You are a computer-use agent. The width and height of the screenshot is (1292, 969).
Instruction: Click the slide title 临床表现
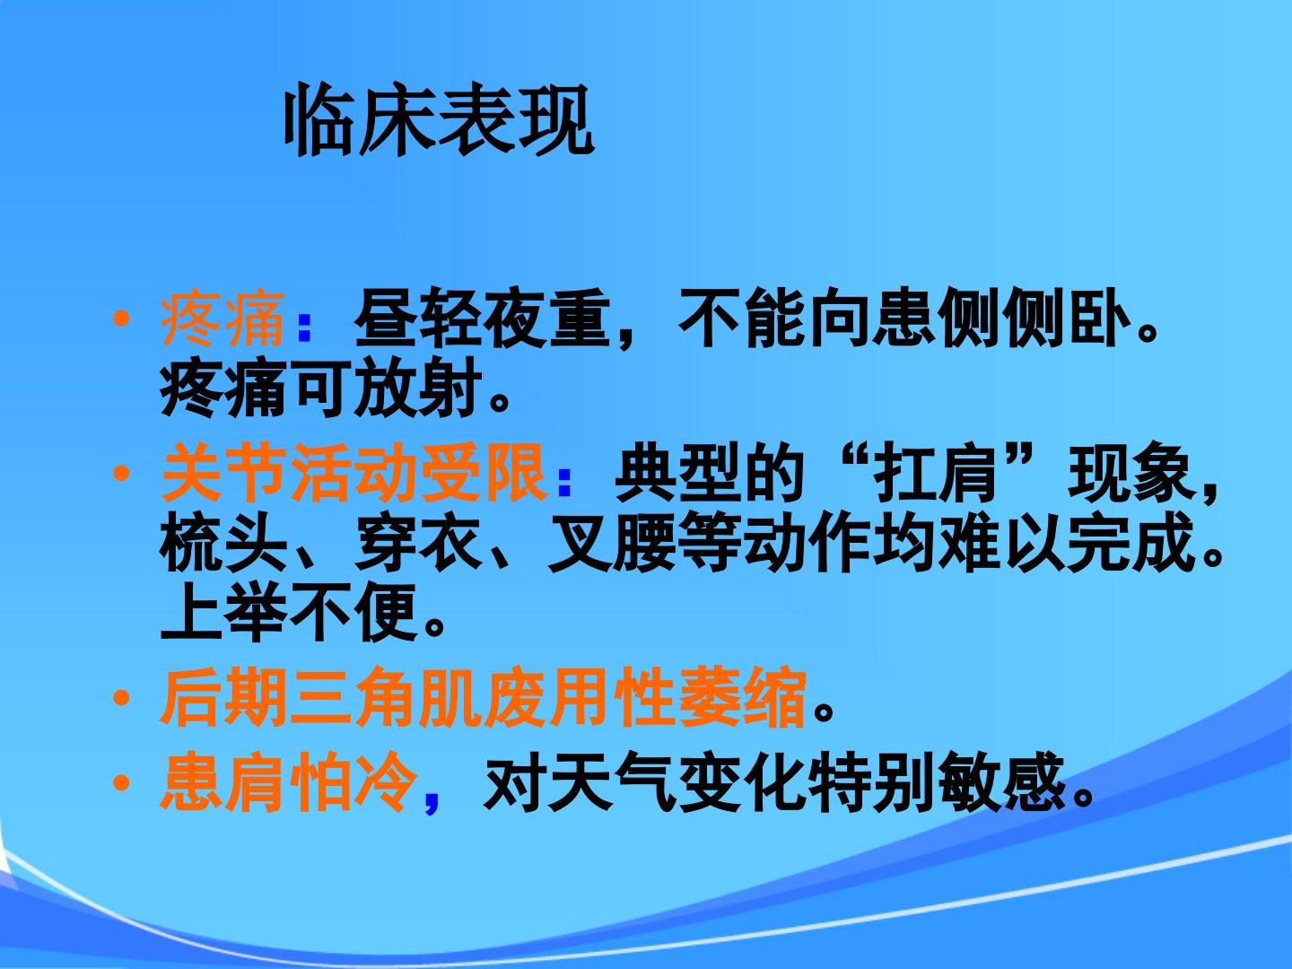tap(439, 119)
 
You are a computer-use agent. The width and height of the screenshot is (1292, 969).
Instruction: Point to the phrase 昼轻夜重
tap(482, 319)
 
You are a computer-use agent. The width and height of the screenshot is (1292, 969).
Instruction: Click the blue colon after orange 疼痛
tap(304, 326)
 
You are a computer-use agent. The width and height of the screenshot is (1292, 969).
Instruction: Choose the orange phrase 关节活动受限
tap(353, 472)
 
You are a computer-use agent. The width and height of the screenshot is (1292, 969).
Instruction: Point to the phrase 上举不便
tap(288, 612)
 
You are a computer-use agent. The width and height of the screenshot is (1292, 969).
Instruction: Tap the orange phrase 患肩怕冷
tap(288, 781)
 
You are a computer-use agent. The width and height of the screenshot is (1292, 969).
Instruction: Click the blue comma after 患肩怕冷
tap(432, 800)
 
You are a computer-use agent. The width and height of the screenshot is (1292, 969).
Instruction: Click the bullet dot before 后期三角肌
tap(121, 698)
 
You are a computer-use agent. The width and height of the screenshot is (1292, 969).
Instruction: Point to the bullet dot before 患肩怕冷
tap(121, 782)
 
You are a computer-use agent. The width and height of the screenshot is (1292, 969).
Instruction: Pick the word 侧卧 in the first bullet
tap(1065, 319)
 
